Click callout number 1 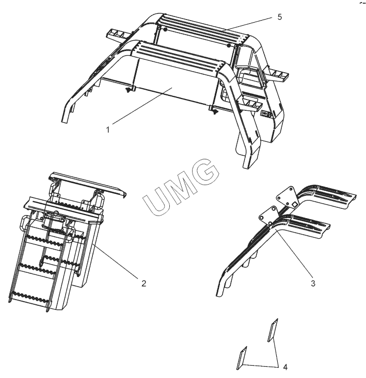tap(108, 130)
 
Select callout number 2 tap(144, 283)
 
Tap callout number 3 tap(313, 283)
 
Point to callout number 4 tap(285, 367)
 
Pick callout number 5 tap(280, 17)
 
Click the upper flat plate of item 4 tap(273, 330)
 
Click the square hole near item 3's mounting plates tap(294, 205)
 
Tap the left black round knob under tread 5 tap(165, 29)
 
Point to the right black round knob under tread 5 tap(229, 45)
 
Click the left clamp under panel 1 tap(130, 89)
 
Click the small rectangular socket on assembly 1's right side tap(265, 113)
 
